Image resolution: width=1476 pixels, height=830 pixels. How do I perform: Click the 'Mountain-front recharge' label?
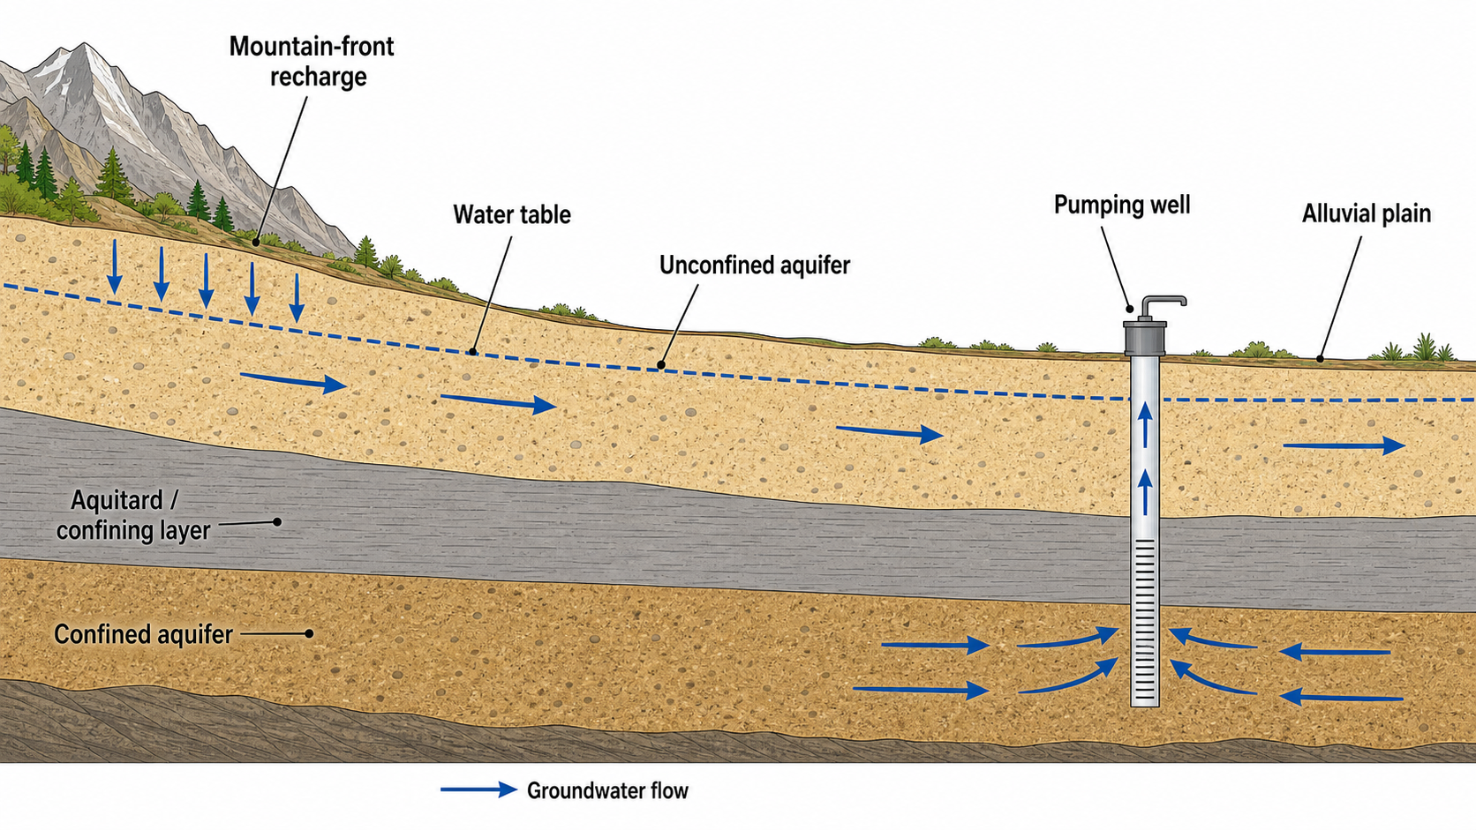click(x=312, y=61)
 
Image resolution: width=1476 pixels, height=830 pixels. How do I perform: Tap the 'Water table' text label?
click(x=512, y=215)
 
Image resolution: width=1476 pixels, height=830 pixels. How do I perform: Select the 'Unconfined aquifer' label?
click(x=755, y=265)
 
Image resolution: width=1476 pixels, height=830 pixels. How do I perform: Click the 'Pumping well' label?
click(x=1122, y=206)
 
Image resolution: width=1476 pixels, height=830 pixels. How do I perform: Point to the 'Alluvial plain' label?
click(x=1367, y=214)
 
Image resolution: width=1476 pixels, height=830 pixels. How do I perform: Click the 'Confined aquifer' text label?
click(x=143, y=634)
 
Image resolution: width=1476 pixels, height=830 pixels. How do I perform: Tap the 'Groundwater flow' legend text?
click(x=607, y=790)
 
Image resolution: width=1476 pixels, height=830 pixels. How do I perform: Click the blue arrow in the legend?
click(x=479, y=789)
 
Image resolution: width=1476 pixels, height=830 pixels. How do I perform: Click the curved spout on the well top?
click(x=1163, y=303)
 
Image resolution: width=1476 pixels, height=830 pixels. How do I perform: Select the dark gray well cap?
click(x=1145, y=339)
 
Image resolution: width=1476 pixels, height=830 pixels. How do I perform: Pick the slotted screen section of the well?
click(x=1145, y=621)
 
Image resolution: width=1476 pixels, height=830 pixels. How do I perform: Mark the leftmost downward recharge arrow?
click(x=115, y=266)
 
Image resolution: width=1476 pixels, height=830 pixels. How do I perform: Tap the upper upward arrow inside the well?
click(x=1145, y=424)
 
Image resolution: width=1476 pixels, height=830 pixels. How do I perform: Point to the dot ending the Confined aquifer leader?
click(x=309, y=634)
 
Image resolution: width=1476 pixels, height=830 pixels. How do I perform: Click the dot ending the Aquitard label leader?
click(x=277, y=522)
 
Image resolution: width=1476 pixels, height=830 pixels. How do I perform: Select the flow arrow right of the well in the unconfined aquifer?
click(x=1344, y=445)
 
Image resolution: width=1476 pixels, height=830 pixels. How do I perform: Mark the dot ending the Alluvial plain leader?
click(x=1320, y=359)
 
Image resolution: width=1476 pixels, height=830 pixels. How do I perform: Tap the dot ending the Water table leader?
click(x=472, y=352)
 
